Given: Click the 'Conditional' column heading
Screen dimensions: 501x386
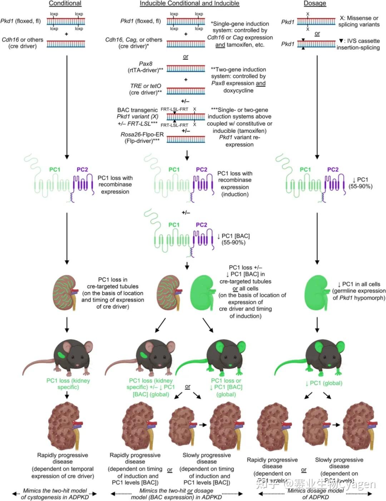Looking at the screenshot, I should click(x=65, y=3).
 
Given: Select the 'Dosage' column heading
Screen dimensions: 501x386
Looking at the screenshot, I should click(x=315, y=3).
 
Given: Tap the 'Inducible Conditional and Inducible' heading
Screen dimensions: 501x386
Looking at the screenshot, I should click(x=189, y=3).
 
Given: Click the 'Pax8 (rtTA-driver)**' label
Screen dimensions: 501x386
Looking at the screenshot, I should click(x=145, y=67).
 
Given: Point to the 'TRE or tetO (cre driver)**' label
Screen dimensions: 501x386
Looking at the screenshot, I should click(x=145, y=89).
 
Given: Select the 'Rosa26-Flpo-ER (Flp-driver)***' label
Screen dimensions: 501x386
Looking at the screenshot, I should click(x=142, y=137).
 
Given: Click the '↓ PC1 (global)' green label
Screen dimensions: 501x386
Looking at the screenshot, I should click(x=323, y=383).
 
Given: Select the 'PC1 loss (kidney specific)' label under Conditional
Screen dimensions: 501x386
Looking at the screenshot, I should click(x=68, y=384).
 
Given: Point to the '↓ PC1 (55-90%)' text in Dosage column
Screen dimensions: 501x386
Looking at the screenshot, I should click(x=360, y=183).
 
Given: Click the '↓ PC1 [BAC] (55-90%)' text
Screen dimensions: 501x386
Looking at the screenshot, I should click(x=233, y=239).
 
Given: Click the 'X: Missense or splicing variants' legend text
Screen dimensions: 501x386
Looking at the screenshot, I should click(x=359, y=21).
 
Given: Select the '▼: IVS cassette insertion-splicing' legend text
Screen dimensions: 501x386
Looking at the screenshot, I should click(x=358, y=44).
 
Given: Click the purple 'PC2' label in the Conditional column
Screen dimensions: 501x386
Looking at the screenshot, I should click(x=82, y=170).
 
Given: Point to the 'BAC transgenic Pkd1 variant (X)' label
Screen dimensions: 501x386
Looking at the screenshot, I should click(x=138, y=113).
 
